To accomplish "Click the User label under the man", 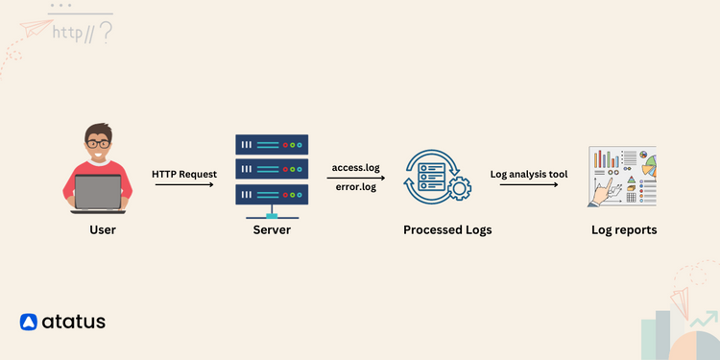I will (103, 230).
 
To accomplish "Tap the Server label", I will (272, 230).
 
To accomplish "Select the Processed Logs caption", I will (447, 230).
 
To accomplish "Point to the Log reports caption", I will (624, 230).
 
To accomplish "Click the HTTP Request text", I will (184, 174).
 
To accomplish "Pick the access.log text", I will (355, 168).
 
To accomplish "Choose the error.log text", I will (355, 186).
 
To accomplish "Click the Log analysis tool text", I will (529, 174).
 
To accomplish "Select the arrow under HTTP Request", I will (184, 184).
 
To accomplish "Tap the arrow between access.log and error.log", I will (355, 178).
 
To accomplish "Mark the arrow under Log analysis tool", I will (529, 184).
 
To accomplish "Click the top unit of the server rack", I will (272, 146).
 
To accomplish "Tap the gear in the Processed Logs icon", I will (460, 188).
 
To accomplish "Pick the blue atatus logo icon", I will (28, 322).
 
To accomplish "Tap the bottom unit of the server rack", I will (272, 192).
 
